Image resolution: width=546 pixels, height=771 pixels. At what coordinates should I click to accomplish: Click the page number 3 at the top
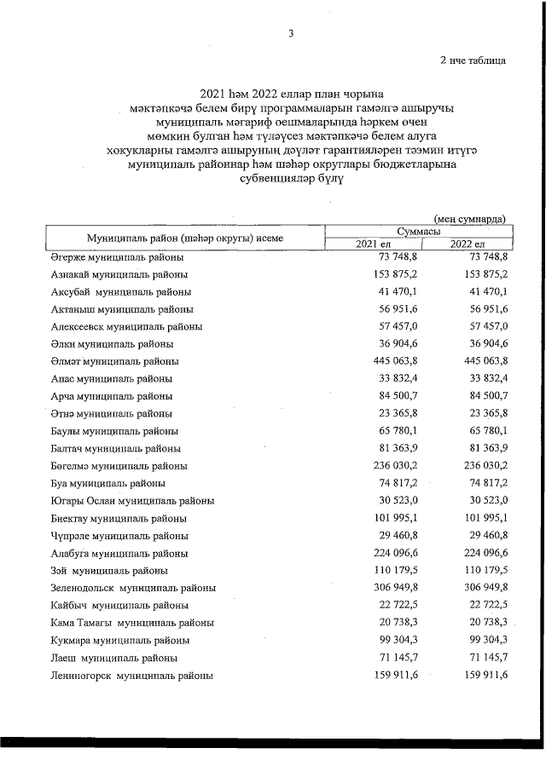[x=291, y=34]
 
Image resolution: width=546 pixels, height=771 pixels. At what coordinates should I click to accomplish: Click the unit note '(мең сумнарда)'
[x=469, y=218]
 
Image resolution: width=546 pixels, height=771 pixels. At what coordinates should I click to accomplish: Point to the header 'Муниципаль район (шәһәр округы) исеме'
[x=184, y=238]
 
